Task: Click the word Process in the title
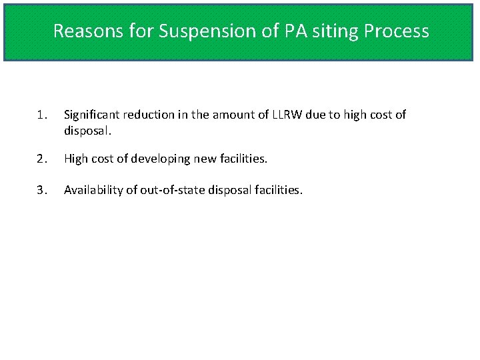tap(399, 31)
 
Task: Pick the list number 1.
tap(41, 115)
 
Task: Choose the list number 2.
tap(41, 159)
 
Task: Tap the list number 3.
tap(41, 190)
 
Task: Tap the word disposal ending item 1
tap(87, 131)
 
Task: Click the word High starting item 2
tap(77, 159)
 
